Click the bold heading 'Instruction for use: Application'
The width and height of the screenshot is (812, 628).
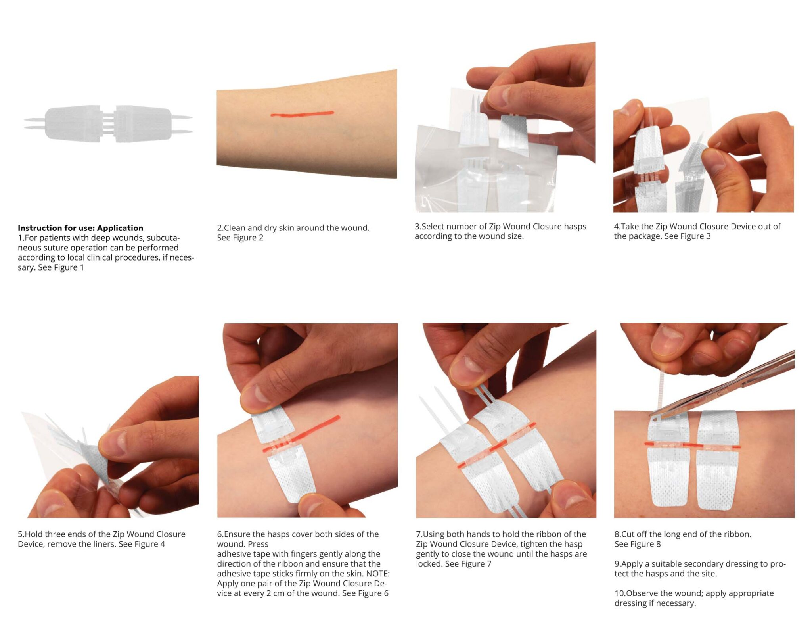(80, 228)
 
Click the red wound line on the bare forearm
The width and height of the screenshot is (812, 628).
(302, 114)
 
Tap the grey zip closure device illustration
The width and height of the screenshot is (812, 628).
(108, 123)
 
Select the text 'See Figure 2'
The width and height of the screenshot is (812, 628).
(240, 238)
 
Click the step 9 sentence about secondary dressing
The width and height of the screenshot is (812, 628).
(700, 568)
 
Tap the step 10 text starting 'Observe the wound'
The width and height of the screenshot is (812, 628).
(694, 598)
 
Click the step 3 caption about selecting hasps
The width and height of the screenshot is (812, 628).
(500, 231)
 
